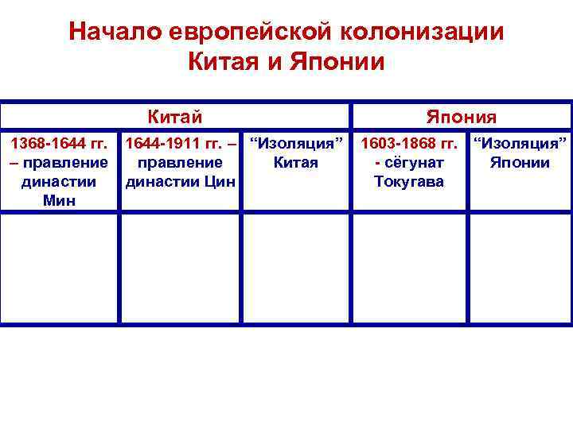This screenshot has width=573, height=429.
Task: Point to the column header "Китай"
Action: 175,118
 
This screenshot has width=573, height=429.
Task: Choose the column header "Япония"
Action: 462,118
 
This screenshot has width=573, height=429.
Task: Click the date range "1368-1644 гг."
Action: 60,145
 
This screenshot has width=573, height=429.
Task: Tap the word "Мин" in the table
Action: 60,200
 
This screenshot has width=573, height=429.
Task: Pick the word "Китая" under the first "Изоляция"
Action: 296,163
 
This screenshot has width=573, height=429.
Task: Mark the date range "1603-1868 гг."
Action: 409,145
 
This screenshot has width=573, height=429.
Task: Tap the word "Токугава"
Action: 409,181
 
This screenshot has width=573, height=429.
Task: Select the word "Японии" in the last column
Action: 521,163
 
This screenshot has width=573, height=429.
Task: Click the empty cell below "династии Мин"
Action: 60,268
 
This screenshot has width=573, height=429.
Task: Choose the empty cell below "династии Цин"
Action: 180,268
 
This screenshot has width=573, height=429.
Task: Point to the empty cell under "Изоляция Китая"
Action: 296,268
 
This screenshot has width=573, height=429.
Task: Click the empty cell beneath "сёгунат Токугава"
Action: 409,268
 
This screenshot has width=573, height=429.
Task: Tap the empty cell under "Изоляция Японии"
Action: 520,268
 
